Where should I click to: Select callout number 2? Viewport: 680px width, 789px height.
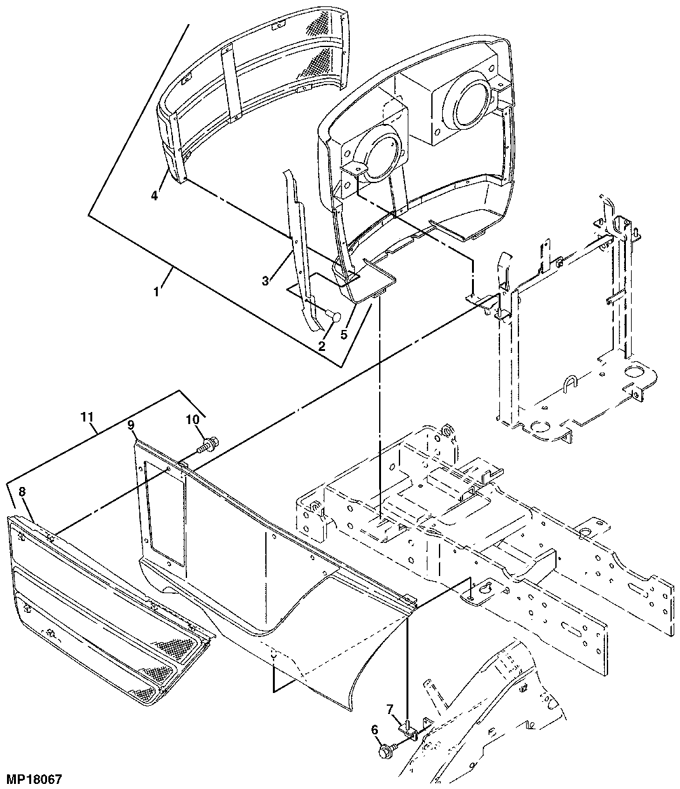(321, 346)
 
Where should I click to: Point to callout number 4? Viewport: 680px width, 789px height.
(155, 195)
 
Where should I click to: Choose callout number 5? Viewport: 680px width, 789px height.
(345, 334)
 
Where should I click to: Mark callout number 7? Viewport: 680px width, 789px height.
(391, 708)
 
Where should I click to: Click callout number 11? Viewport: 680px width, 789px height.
(87, 417)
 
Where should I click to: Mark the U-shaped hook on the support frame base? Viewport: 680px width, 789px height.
(570, 385)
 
